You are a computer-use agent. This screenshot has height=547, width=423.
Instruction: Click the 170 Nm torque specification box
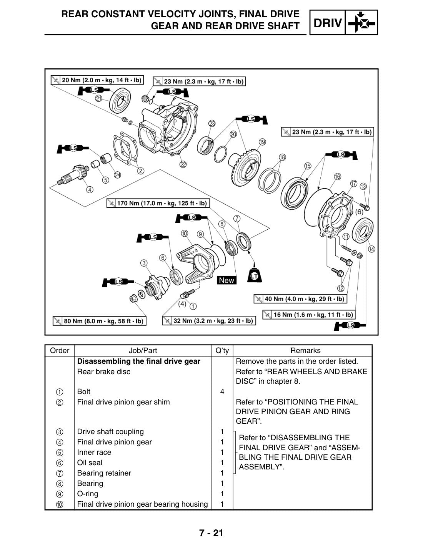(x=158, y=203)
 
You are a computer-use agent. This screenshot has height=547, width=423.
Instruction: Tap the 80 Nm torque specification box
(x=100, y=321)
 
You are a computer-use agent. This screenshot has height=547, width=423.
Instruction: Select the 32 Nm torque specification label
(x=209, y=321)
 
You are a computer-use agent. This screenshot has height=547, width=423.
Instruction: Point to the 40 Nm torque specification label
(x=300, y=299)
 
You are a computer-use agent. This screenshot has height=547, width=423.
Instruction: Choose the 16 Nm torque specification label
(x=309, y=315)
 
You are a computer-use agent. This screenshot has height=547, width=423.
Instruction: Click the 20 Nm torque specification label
(x=97, y=80)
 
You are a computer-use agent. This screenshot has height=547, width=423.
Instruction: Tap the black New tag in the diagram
(x=226, y=280)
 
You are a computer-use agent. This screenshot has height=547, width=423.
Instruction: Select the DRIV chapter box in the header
(x=344, y=22)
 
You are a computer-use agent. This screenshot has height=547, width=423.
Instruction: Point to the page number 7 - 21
(x=211, y=533)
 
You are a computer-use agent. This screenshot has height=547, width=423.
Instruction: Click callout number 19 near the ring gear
(x=262, y=142)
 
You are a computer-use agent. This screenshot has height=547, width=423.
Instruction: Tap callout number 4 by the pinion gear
(x=90, y=189)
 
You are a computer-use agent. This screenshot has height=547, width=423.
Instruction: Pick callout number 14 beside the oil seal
(x=371, y=249)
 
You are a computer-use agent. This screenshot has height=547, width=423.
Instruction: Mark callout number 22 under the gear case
(x=183, y=164)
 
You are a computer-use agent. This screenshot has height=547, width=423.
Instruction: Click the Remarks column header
(x=305, y=350)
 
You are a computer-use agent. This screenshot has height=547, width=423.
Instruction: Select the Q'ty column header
(x=222, y=350)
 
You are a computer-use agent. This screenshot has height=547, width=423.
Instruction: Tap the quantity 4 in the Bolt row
(x=222, y=391)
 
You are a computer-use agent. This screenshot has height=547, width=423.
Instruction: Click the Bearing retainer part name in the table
(x=104, y=473)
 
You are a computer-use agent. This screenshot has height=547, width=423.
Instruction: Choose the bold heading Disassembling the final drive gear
(x=138, y=361)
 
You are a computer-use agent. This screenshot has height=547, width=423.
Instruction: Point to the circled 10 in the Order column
(x=60, y=504)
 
